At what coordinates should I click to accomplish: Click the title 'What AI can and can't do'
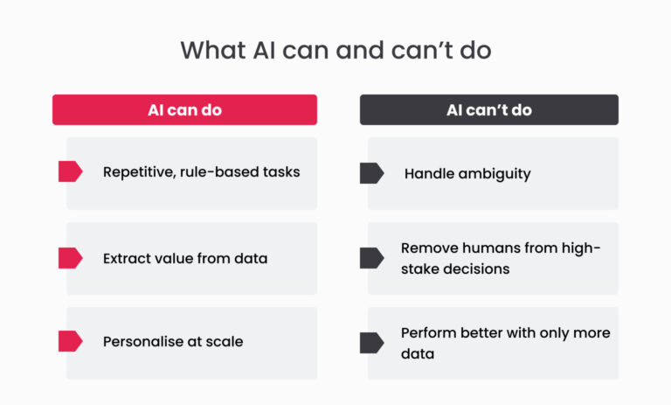click(x=335, y=50)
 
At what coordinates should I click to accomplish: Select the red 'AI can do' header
click(x=185, y=109)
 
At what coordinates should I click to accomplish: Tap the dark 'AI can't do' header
click(x=489, y=109)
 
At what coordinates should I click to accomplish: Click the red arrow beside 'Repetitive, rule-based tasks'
click(x=71, y=171)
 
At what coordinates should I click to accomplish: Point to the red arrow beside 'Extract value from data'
click(x=71, y=258)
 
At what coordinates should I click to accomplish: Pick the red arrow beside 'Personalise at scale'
click(x=71, y=341)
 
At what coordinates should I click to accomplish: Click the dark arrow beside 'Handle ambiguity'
click(x=372, y=173)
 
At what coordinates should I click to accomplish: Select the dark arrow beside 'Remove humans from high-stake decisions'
click(x=372, y=258)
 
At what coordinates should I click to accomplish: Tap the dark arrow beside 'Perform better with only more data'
click(x=372, y=343)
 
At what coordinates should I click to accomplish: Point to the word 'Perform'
click(x=428, y=333)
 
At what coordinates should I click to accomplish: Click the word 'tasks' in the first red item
click(x=281, y=171)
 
